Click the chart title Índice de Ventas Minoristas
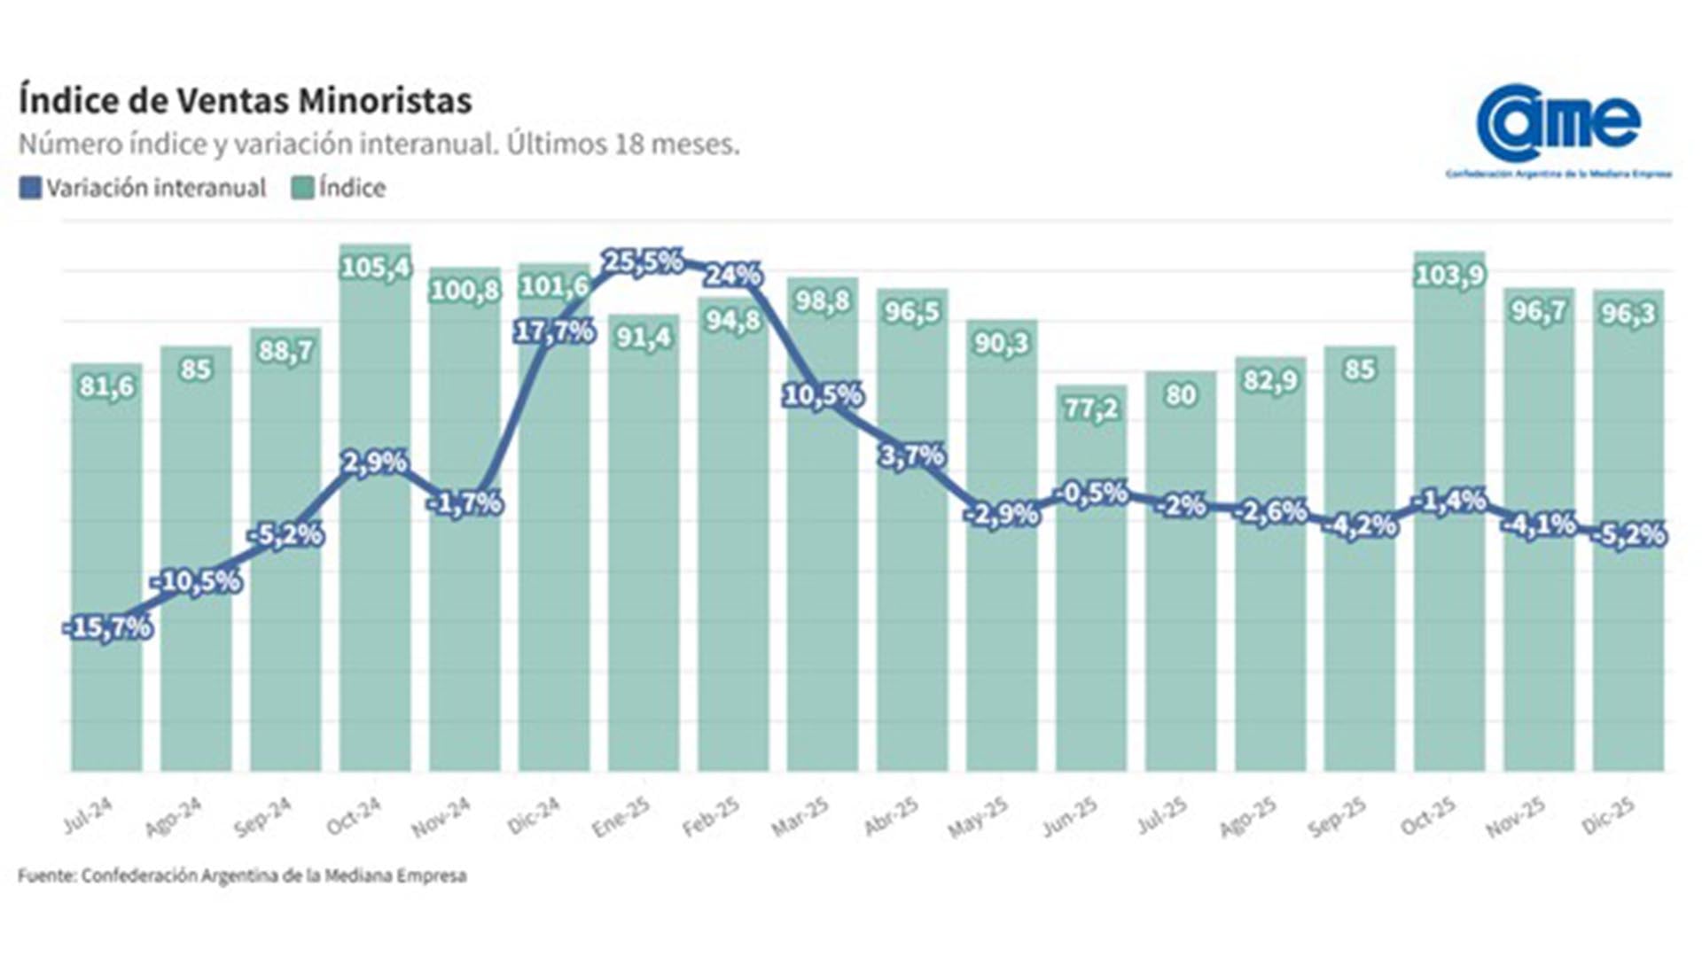pos(245,100)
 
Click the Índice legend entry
pos(339,188)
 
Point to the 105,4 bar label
pos(376,267)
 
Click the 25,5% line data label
pos(643,261)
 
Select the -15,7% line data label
pos(108,627)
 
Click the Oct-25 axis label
pos(1428,816)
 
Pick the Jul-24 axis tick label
pos(88,816)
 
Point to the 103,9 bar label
pos(1448,276)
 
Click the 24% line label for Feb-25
pos(732,275)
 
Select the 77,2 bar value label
pos(1091,408)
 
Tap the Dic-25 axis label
pos(1608,816)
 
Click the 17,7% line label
pos(554,331)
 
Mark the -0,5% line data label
pos(1093,493)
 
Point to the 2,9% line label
pos(374,462)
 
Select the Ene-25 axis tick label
pos(621,816)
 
